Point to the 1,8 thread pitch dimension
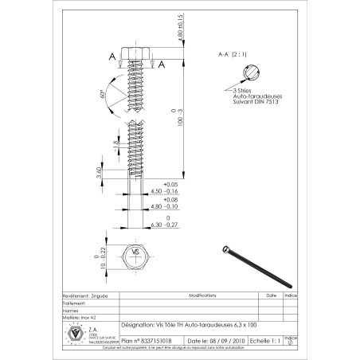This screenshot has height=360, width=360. (115, 147)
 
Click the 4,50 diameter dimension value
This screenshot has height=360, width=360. (162, 191)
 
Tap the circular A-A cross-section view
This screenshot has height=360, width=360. (247, 76)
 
